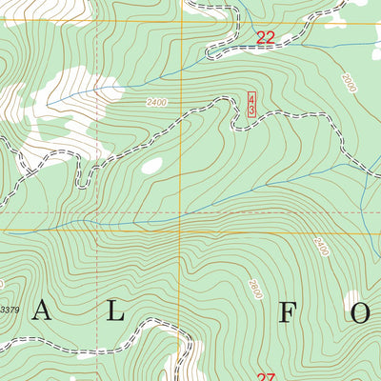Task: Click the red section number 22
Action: tap(266, 38)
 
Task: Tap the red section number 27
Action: tap(266, 376)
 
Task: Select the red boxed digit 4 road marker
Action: tap(251, 99)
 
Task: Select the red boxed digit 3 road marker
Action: tap(251, 111)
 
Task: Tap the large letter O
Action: tap(361, 313)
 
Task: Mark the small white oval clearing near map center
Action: tap(151, 166)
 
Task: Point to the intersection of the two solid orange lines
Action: tap(182, 231)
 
